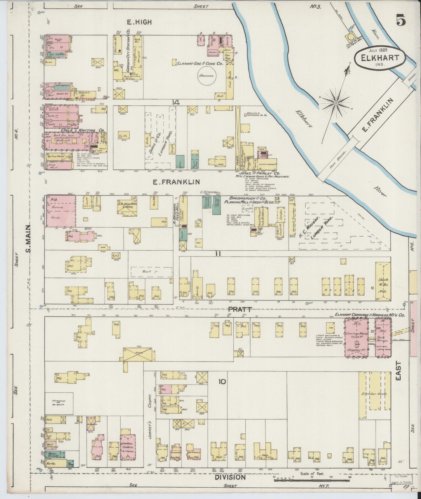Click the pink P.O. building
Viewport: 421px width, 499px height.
click(x=61, y=211)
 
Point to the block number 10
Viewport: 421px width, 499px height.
click(x=222, y=381)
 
